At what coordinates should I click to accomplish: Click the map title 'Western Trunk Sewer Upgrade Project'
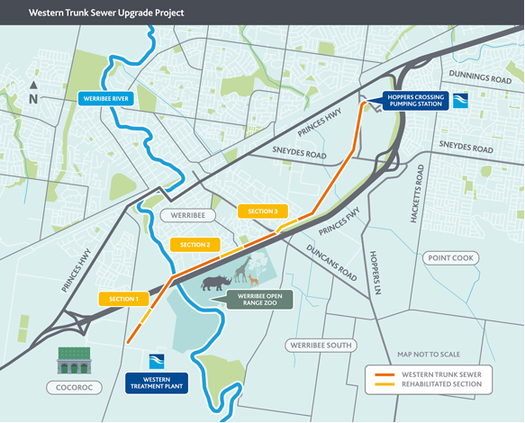point(106,14)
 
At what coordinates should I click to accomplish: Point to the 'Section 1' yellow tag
point(123,299)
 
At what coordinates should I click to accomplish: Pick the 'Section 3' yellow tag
point(263,211)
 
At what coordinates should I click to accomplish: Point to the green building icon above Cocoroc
point(75,361)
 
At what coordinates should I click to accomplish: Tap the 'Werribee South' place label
point(321,345)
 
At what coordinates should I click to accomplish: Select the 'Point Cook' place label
point(449,257)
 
